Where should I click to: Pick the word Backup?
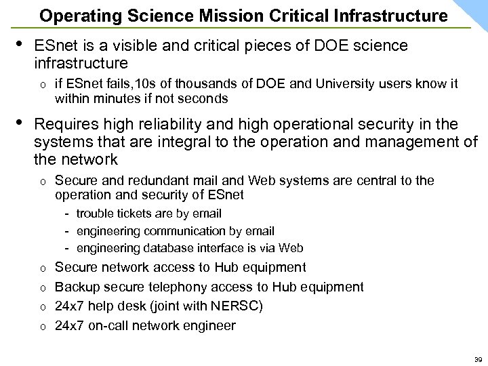(x=77, y=287)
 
